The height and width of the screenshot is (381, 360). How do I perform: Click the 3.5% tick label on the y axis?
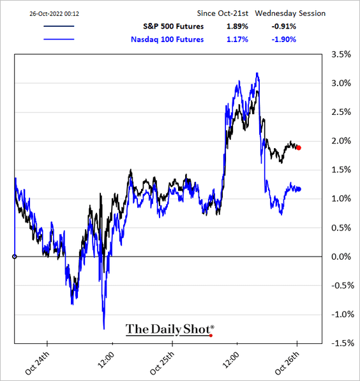click(x=341, y=54)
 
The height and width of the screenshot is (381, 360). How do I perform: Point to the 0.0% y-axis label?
click(x=341, y=257)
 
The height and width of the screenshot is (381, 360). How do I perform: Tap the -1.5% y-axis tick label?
click(x=343, y=343)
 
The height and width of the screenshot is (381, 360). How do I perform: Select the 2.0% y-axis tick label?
click(x=341, y=141)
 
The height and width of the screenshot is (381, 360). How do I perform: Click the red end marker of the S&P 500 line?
click(x=299, y=147)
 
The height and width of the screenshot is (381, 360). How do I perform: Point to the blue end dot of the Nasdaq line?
click(x=299, y=189)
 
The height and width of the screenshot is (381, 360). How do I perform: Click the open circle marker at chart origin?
click(x=15, y=257)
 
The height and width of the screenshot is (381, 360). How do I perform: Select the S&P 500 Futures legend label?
click(x=174, y=27)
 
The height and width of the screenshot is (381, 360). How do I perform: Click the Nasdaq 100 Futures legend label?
click(x=167, y=40)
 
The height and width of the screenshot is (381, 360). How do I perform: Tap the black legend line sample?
click(x=59, y=26)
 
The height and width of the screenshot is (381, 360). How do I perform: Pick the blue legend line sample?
click(x=59, y=39)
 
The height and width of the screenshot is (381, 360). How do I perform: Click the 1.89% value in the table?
click(x=237, y=27)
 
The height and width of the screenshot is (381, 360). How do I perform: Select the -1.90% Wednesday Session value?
click(x=283, y=40)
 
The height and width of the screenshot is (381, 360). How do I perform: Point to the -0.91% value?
click(x=283, y=27)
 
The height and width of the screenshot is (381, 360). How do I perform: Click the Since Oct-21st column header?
click(x=222, y=13)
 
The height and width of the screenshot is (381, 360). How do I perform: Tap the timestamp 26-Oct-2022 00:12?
click(x=54, y=14)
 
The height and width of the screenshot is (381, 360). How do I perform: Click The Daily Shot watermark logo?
click(x=170, y=330)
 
